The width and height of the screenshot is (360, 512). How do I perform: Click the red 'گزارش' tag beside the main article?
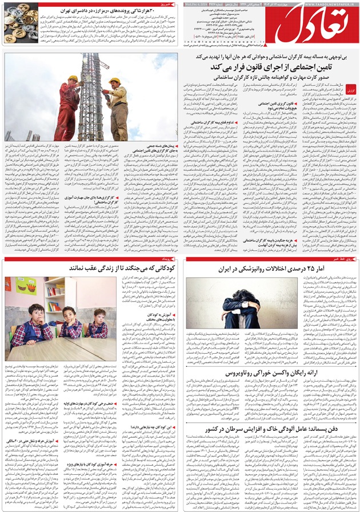(x=352, y=90)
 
